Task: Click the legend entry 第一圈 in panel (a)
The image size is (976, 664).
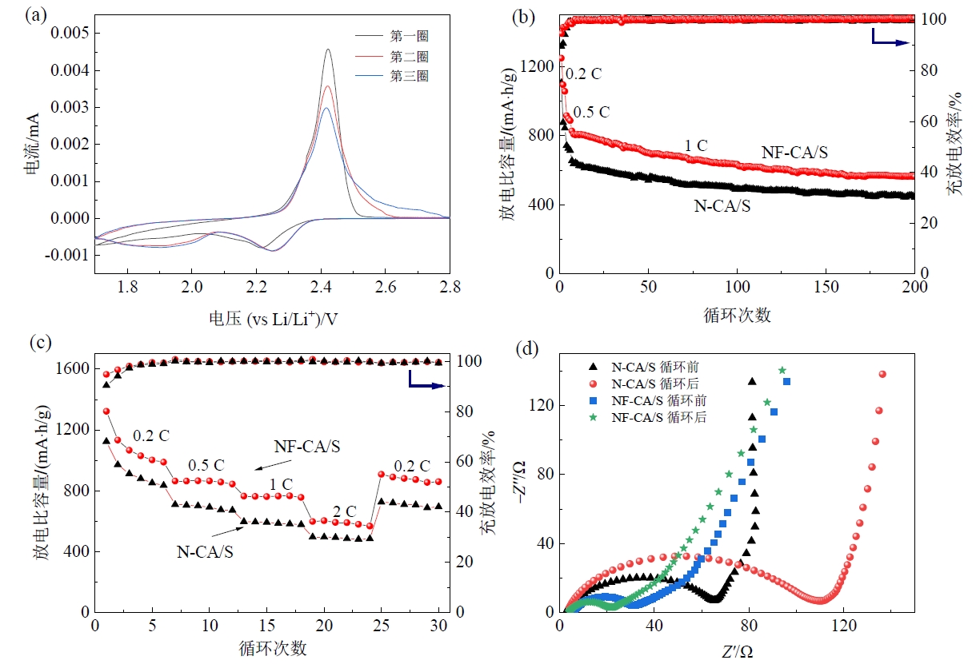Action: pos(409,36)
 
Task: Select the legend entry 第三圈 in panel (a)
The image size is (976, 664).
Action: pos(409,77)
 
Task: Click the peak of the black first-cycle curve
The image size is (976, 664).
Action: pos(328,50)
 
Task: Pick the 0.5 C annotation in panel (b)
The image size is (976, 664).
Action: pos(591,111)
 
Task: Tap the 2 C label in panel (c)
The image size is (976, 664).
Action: pos(346,511)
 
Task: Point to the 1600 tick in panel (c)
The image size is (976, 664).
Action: pos(70,368)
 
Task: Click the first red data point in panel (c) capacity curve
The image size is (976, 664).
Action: pos(106,412)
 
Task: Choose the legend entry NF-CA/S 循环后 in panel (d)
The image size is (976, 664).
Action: pos(659,417)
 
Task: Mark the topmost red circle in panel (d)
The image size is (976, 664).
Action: pos(883,374)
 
